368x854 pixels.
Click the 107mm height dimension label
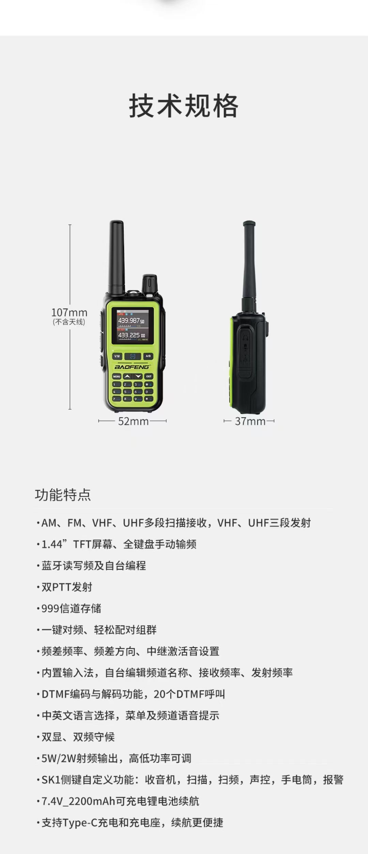tap(69, 312)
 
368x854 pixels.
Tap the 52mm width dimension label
tap(133, 421)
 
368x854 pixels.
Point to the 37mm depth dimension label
tap(250, 421)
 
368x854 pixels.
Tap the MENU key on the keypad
tap(117, 377)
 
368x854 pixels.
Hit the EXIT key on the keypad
tap(149, 377)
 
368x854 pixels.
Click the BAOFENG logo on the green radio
tap(132, 367)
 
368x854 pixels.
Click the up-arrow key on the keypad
tap(127, 377)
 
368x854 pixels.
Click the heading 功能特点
tap(63, 495)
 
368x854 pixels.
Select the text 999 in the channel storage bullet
tap(50, 608)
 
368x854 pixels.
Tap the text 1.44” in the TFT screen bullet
tap(54, 544)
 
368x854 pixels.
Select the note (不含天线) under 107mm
tap(69, 322)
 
